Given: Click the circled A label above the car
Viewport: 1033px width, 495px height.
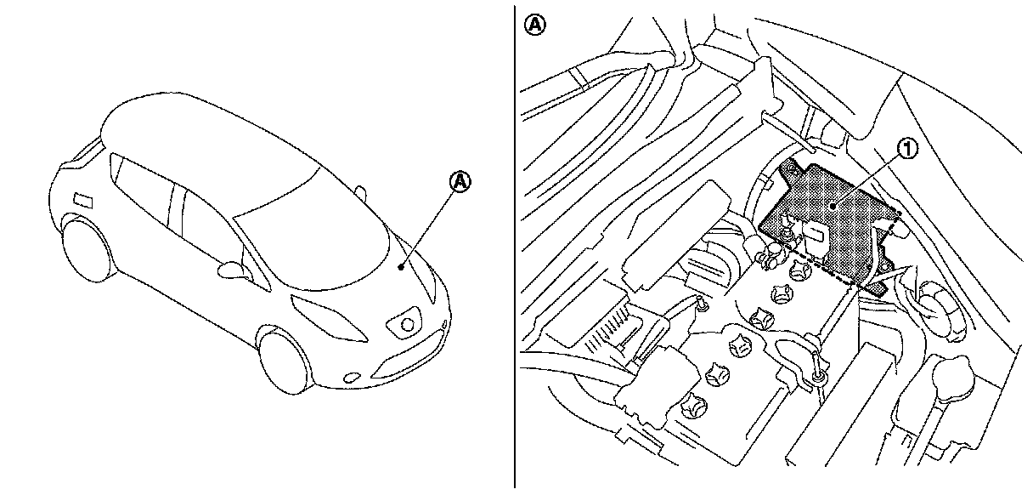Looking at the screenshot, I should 460,181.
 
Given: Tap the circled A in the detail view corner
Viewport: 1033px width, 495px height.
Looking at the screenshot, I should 534,25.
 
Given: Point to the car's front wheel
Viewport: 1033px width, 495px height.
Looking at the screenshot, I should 283,359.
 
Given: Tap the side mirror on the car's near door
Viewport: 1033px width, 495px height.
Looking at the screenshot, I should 231,270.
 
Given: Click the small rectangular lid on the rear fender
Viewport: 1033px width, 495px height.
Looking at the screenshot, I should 84,201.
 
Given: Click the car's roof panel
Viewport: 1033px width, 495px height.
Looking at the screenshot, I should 204,128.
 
